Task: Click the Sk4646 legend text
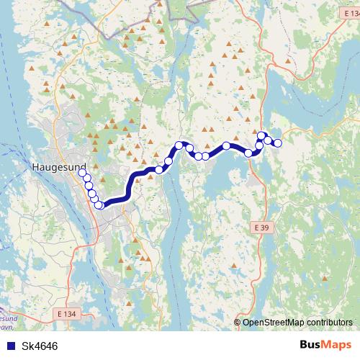pos(40,346)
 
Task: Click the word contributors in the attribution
pos(332,322)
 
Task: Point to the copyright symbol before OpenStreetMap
pos(238,322)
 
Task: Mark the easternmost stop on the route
pos(277,143)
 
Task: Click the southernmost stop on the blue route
pos(99,205)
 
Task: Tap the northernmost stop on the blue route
pos(261,135)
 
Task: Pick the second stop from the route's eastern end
pos(269,140)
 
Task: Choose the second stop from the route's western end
pos(86,177)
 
